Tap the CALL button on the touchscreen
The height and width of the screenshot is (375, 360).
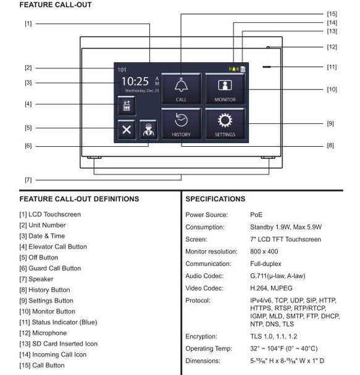(181, 89)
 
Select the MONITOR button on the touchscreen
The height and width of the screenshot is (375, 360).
(225, 89)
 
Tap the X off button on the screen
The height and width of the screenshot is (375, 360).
(127, 130)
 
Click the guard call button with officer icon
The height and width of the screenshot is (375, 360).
(148, 130)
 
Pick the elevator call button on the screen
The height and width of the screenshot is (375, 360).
(127, 105)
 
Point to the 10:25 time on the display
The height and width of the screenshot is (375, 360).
(135, 81)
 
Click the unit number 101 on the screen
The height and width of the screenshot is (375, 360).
(122, 70)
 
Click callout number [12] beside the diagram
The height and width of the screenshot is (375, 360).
(332, 47)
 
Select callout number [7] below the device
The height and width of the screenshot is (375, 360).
(28, 180)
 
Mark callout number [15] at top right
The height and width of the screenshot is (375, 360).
(332, 13)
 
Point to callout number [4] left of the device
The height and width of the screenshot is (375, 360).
(28, 104)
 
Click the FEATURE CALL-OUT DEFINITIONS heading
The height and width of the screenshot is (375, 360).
(79, 199)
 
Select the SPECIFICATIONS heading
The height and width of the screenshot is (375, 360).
(216, 199)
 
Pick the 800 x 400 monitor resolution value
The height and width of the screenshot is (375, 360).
(264, 252)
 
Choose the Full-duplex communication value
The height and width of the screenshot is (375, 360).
(265, 264)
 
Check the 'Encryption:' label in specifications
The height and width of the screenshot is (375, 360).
(201, 337)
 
